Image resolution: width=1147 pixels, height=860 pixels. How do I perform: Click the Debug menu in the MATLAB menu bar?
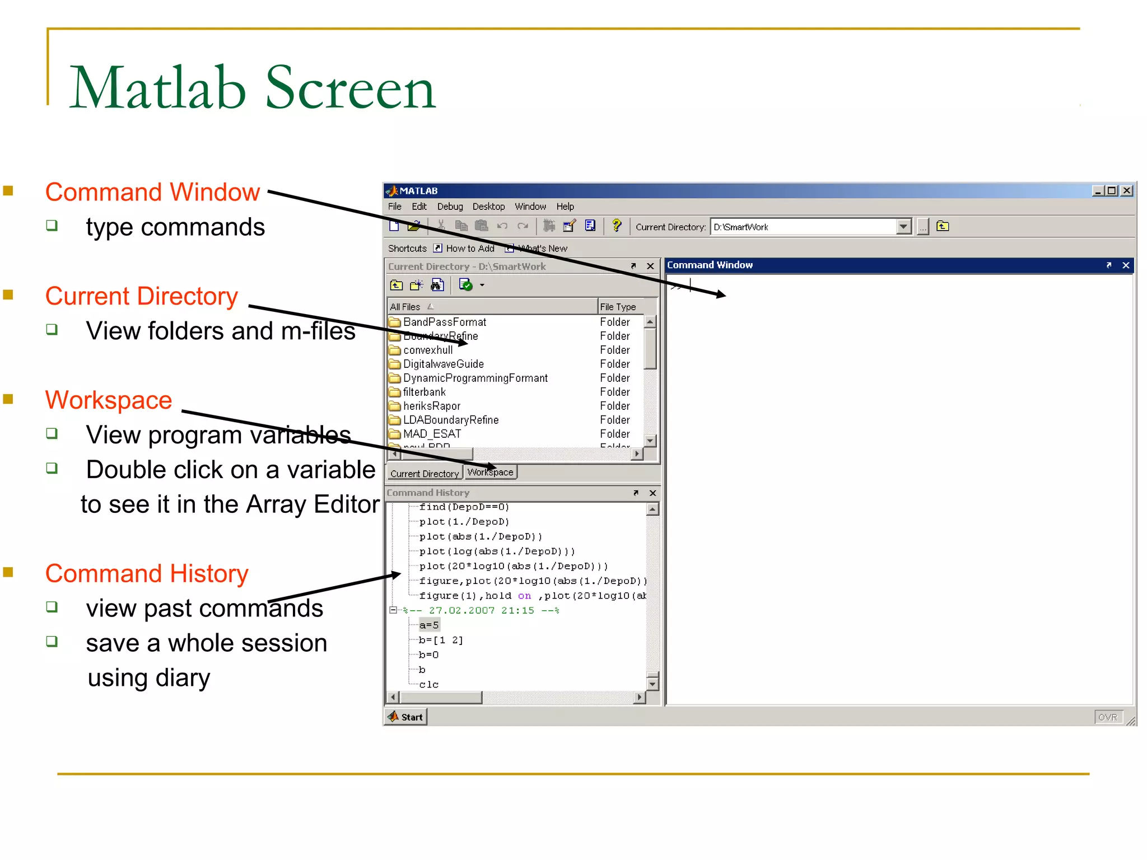pyautogui.click(x=450, y=207)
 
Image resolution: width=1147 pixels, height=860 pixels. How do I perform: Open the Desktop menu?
pyautogui.click(x=488, y=207)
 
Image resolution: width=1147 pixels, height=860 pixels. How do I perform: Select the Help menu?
pyautogui.click(x=565, y=207)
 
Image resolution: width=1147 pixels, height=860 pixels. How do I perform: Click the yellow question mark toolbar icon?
pyautogui.click(x=617, y=226)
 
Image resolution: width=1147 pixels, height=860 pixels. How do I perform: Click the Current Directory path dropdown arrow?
pyautogui.click(x=903, y=227)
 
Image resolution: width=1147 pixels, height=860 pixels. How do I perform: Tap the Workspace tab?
pyautogui.click(x=490, y=473)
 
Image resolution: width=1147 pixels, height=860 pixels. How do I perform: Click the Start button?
pyautogui.click(x=406, y=717)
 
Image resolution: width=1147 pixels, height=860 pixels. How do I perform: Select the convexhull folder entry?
pyautogui.click(x=428, y=350)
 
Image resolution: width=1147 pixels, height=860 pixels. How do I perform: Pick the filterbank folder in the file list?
pyautogui.click(x=424, y=392)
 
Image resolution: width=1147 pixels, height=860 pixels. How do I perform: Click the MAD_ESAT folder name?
pyautogui.click(x=432, y=434)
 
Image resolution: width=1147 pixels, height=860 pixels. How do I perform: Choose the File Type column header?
pyautogui.click(x=618, y=307)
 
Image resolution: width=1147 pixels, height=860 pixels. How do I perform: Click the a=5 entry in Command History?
pyautogui.click(x=429, y=625)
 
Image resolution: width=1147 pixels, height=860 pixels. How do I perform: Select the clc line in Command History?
pyautogui.click(x=428, y=684)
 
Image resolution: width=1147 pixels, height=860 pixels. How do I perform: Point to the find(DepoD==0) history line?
pyautogui.click(x=464, y=507)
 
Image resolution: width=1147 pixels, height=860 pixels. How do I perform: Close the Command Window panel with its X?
pyautogui.click(x=1126, y=265)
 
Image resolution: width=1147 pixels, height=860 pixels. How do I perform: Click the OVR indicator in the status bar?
pyautogui.click(x=1107, y=717)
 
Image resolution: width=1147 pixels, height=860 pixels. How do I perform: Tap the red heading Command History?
pyautogui.click(x=147, y=573)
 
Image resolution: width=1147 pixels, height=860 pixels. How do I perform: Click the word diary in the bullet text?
pyautogui.click(x=183, y=678)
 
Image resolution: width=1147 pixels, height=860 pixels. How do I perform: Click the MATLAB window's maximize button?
pyautogui.click(x=1112, y=191)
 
